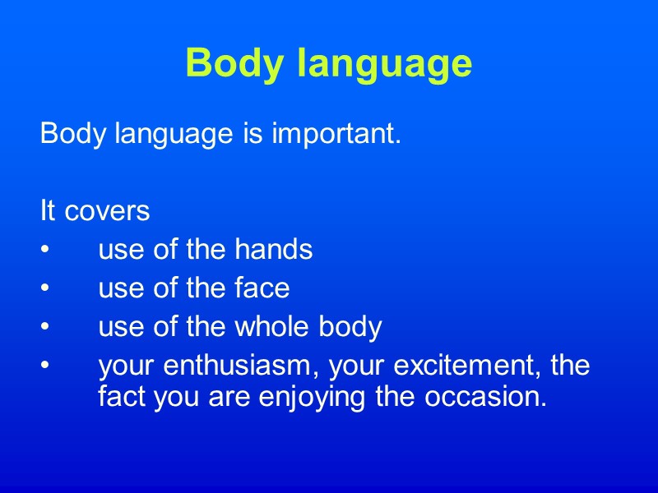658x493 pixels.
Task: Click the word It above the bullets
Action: (x=47, y=211)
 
